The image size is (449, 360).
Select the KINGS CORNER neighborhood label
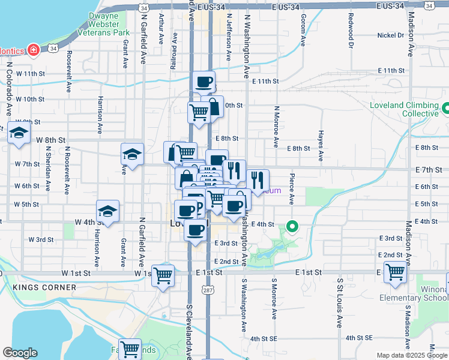click(x=44, y=287)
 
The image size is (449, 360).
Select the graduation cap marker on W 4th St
click(x=107, y=211)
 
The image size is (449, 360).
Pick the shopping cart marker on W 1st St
click(x=163, y=275)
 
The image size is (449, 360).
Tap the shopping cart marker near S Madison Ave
click(x=395, y=272)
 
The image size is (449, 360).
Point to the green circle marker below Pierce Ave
click(x=292, y=227)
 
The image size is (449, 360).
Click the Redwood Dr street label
click(x=350, y=29)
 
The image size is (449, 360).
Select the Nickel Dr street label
click(x=391, y=35)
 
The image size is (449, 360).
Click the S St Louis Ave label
click(x=339, y=302)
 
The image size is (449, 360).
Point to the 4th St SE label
click(x=267, y=338)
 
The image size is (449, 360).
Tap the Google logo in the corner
click(x=20, y=353)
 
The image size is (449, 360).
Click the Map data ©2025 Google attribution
click(x=412, y=355)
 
